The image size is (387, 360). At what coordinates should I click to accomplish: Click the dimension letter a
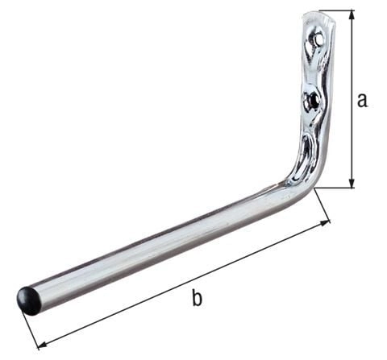362,100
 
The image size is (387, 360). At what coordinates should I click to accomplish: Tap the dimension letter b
197,299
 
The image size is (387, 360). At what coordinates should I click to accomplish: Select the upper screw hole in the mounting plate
321,37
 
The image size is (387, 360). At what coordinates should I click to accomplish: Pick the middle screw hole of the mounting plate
312,101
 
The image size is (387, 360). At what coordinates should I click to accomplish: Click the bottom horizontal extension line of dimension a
335,188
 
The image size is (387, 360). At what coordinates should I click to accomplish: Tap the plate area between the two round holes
315,69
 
